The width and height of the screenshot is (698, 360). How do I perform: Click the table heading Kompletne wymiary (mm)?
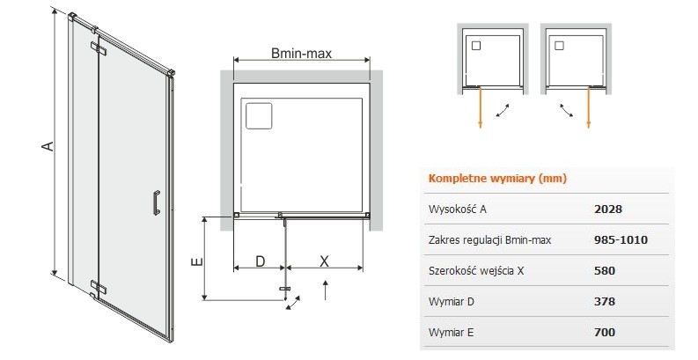coord(496,178)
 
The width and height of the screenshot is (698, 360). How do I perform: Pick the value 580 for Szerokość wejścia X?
coord(605,270)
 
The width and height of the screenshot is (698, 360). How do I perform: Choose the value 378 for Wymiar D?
coord(605,301)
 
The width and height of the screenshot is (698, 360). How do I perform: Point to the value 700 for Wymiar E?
coord(605,332)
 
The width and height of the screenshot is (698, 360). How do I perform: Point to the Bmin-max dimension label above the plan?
coord(300,55)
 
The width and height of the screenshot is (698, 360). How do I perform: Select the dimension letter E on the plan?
coord(197,261)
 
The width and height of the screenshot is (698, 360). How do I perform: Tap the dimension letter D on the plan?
coord(260,261)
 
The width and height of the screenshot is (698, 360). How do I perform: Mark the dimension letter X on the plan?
coord(324,261)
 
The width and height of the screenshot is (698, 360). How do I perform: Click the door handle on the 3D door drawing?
coord(156,202)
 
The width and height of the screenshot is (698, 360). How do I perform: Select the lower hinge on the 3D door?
coord(98,287)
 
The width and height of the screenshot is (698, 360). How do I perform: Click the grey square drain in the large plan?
coord(261,115)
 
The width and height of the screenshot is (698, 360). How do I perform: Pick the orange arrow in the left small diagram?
coord(481,109)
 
